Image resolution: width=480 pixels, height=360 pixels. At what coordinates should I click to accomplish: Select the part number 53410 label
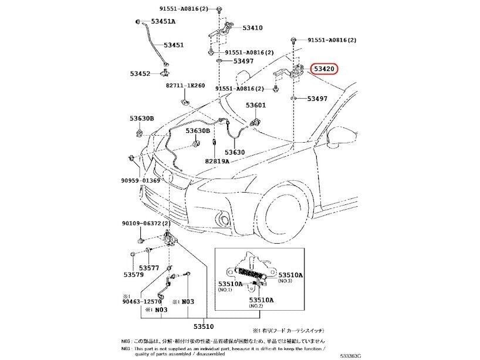[x=252, y=28]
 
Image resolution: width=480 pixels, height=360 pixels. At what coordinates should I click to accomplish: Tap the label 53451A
[x=163, y=22]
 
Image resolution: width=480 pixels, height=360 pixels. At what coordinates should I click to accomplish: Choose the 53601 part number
[x=255, y=105]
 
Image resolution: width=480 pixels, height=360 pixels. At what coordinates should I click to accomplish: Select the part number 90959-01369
[x=141, y=180]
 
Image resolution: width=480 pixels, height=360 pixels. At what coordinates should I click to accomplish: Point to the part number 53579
[x=134, y=274]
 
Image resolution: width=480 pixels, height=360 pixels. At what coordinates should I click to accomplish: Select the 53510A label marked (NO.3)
[x=290, y=274]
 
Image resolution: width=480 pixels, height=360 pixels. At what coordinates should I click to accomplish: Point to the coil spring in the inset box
[x=253, y=271]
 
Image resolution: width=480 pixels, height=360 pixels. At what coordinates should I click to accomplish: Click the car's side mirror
[x=340, y=137]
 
